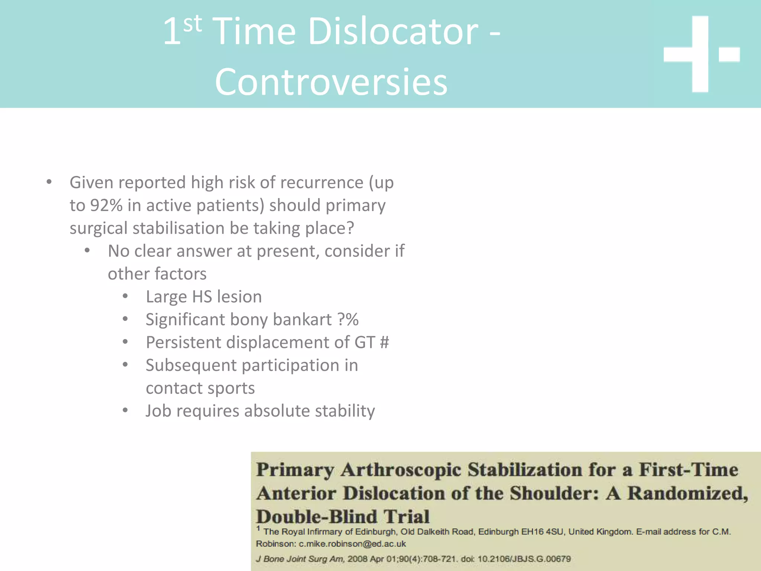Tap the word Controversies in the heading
(x=331, y=82)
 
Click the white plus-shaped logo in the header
(x=700, y=54)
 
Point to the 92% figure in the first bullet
(x=106, y=206)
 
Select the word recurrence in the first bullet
(x=322, y=183)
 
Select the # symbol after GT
(x=385, y=342)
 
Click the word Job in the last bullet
(x=158, y=411)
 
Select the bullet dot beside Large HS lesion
(x=125, y=297)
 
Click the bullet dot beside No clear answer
(x=87, y=251)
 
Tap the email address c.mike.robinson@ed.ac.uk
(x=352, y=544)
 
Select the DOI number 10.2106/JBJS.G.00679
(x=524, y=559)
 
